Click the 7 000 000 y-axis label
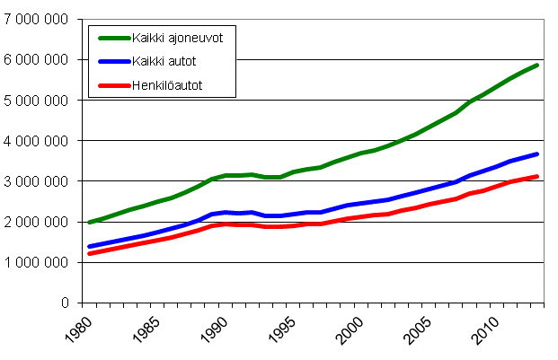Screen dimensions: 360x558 click(35, 20)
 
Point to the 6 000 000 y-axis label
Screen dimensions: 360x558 click(35, 60)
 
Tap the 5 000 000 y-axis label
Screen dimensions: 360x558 click(35, 101)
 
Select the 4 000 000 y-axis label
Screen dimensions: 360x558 click(35, 141)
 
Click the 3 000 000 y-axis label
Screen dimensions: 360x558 click(35, 181)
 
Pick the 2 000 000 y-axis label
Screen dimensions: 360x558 click(35, 222)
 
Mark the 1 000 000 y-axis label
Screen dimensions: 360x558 click(35, 262)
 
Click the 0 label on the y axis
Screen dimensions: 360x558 click(64, 303)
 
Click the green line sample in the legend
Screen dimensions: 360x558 click(111, 37)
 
